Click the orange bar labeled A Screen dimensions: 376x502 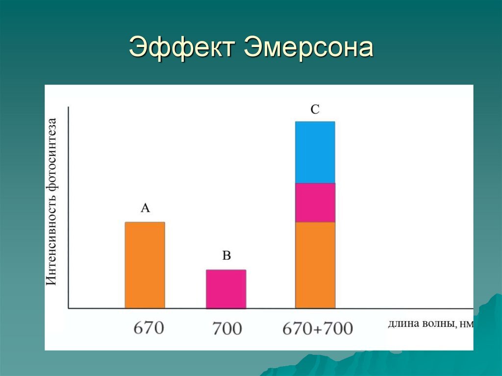point(145,265)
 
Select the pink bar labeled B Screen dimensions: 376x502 point(226,289)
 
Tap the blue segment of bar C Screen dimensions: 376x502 point(315,152)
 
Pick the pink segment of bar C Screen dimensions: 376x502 point(315,202)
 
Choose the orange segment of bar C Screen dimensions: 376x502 point(315,265)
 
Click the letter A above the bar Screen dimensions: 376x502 point(145,208)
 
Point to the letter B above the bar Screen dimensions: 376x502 point(226,255)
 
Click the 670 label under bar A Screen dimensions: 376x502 point(149,327)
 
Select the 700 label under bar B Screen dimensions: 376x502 point(227,328)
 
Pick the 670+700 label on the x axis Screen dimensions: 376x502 point(318,328)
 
